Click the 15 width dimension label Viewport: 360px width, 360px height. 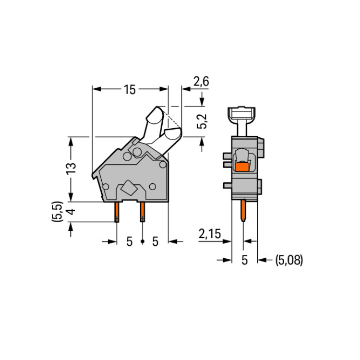(x=130, y=90)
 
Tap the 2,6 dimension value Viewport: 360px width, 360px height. (x=201, y=81)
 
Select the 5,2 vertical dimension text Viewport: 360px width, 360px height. (x=202, y=121)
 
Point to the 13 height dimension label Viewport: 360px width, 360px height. (x=72, y=169)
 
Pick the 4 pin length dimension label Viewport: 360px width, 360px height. (x=72, y=212)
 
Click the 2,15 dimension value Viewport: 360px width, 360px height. (x=210, y=234)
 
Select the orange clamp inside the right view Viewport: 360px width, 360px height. (x=242, y=167)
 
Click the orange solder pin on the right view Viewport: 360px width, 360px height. (x=243, y=211)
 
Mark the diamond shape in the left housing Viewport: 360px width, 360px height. (x=129, y=188)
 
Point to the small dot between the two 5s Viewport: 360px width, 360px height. (x=143, y=241)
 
